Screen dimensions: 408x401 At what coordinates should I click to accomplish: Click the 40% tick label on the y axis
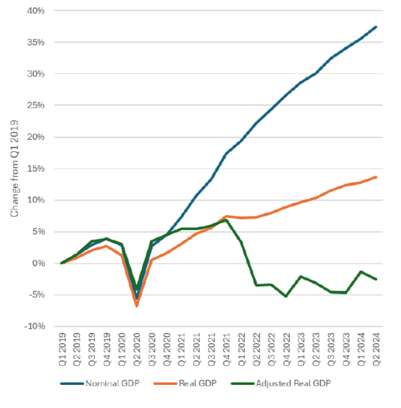[x=37, y=11]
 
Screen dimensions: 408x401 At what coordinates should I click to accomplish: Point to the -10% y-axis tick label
[x=35, y=327]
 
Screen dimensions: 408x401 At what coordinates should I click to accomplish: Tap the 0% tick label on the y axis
[x=40, y=263]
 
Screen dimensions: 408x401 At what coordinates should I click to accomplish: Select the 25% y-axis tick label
[x=37, y=106]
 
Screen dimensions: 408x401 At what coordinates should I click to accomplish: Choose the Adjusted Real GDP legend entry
[x=285, y=383]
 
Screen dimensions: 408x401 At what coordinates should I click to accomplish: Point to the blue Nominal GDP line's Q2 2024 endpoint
[x=376, y=27]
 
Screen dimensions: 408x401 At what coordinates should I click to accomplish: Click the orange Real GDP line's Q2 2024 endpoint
[x=376, y=177]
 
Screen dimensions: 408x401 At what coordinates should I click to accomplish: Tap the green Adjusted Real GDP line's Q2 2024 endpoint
[x=376, y=279]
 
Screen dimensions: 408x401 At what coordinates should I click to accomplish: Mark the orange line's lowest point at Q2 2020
[x=137, y=306]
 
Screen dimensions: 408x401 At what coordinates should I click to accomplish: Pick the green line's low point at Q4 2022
[x=286, y=296]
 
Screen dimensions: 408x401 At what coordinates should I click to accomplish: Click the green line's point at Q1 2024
[x=361, y=271]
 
